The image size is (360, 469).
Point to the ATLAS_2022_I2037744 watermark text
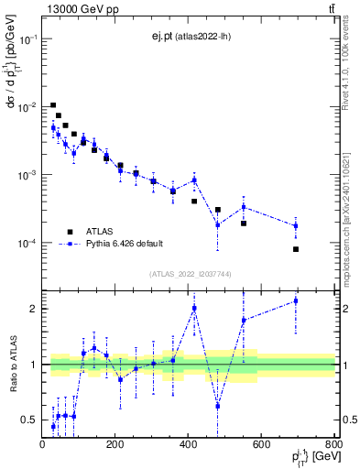(189, 273)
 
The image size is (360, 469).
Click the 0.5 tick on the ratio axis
(31, 420)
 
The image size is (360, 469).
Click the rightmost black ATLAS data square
(296, 249)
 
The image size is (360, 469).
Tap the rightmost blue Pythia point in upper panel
(296, 225)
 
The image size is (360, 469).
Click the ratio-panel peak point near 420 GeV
(194, 309)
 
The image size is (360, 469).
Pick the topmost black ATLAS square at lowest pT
(53, 105)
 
